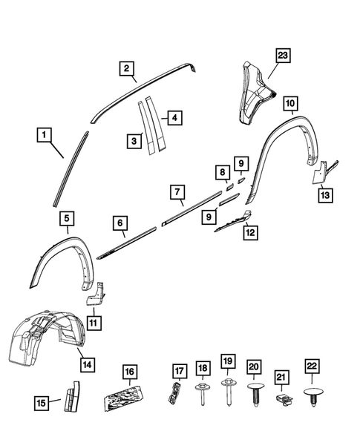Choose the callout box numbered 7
coord(177,192)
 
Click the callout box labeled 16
coord(130,371)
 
